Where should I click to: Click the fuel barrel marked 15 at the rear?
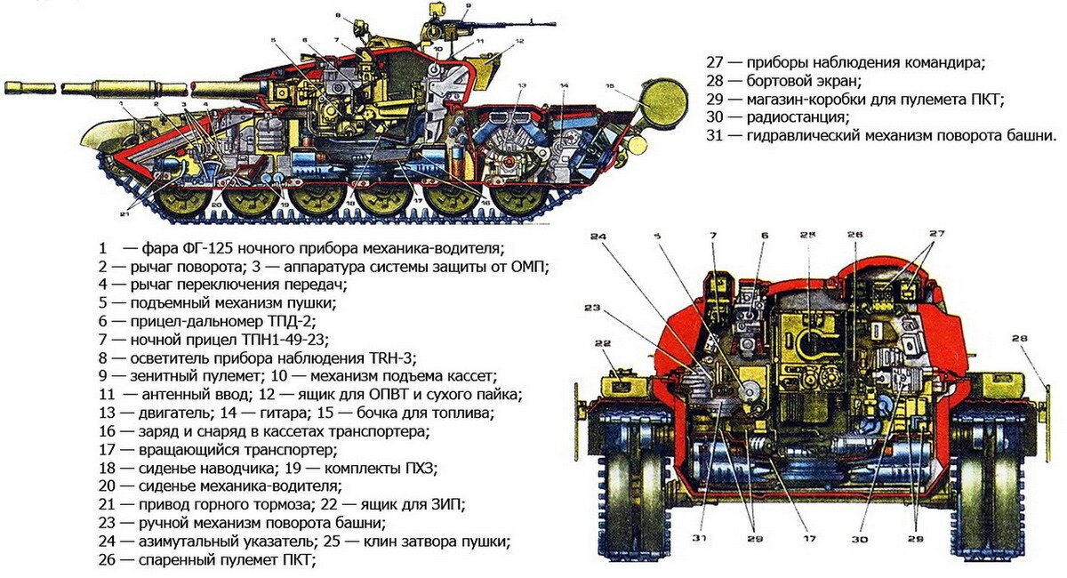pyautogui.click(x=662, y=99)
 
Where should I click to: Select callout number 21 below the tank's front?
pyautogui.click(x=124, y=214)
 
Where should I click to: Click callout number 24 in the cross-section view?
pyautogui.click(x=598, y=237)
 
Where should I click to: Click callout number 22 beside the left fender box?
pyautogui.click(x=603, y=344)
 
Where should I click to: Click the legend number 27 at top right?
pyautogui.click(x=716, y=62)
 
